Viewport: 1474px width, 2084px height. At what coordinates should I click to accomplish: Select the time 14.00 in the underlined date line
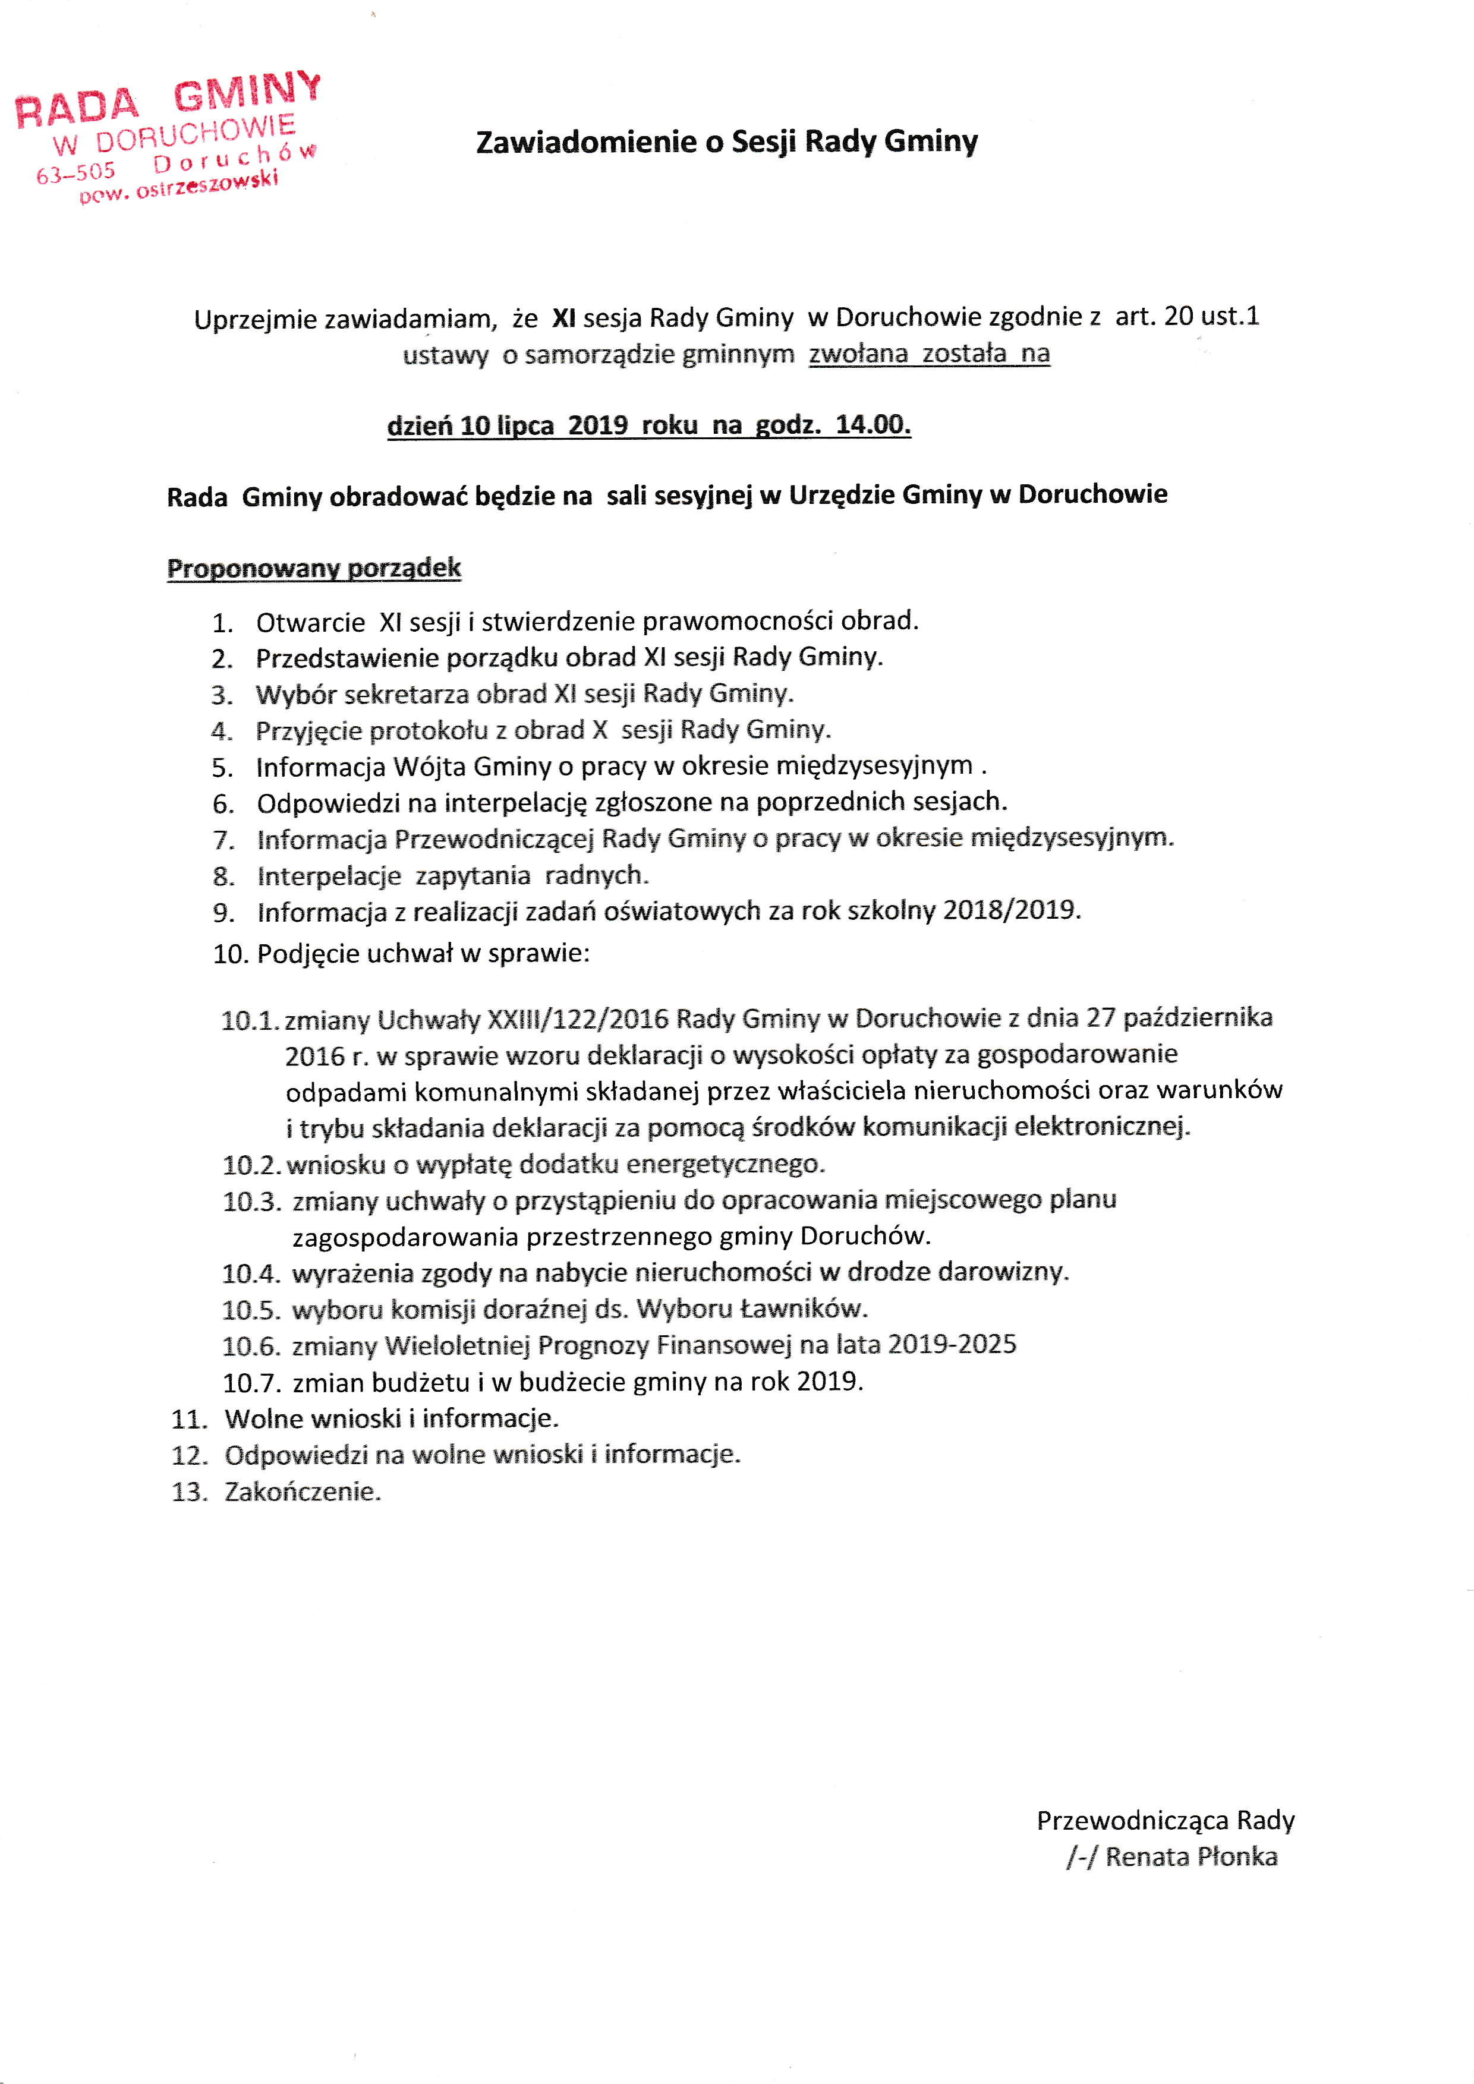click(x=873, y=425)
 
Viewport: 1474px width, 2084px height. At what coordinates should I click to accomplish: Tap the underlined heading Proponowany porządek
click(x=314, y=569)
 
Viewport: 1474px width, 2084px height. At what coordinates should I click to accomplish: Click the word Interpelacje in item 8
click(x=329, y=876)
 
